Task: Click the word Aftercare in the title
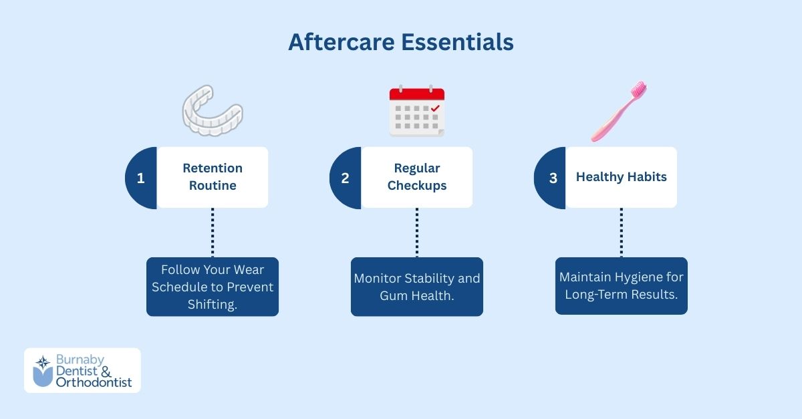click(x=342, y=42)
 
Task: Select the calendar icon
click(x=417, y=112)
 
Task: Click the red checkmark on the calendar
click(x=435, y=107)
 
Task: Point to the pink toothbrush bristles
click(x=638, y=89)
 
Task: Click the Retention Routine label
click(x=213, y=177)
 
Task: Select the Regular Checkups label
click(x=417, y=177)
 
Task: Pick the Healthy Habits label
click(x=621, y=177)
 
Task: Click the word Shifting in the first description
click(x=213, y=303)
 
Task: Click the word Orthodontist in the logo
click(x=94, y=383)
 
